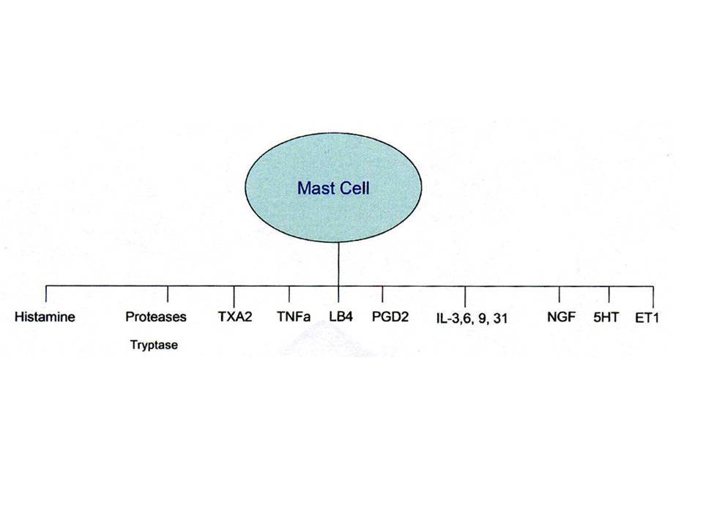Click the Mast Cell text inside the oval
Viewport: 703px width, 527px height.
tap(334, 188)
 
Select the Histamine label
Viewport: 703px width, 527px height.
tap(45, 317)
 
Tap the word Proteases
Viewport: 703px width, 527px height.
tap(155, 317)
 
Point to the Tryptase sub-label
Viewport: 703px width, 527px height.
tap(154, 345)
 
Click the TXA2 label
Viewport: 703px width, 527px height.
tap(235, 317)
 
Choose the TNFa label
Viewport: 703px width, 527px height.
tap(294, 317)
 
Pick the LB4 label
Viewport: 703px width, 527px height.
tap(341, 317)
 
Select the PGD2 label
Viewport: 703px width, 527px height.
tap(390, 317)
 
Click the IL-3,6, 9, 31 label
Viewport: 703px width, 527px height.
tap(472, 318)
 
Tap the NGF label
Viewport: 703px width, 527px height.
tap(561, 317)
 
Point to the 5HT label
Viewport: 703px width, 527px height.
tap(606, 317)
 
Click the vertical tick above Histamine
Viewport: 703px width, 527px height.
tap(45, 294)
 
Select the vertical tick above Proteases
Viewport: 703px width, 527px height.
tap(168, 294)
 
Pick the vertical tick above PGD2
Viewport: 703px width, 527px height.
tap(382, 294)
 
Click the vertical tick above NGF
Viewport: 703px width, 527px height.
tap(559, 294)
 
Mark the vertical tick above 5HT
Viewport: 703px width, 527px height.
tap(609, 294)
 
